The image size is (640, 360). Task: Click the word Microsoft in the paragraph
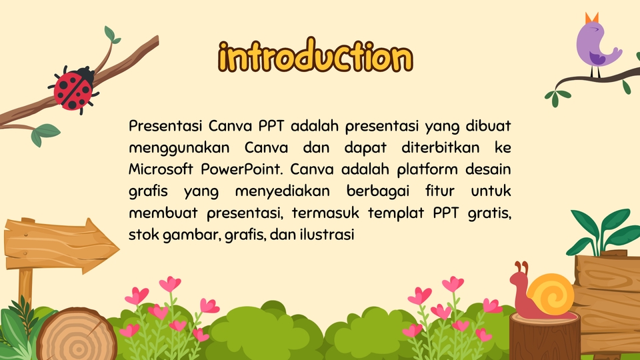click(161, 169)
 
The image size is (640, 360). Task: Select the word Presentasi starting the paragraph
click(165, 126)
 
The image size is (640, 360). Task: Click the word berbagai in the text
click(378, 191)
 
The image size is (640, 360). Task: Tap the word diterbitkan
click(441, 147)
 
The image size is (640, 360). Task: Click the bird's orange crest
click(592, 18)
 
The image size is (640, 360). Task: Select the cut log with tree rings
click(77, 335)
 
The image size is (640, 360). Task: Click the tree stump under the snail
click(545, 335)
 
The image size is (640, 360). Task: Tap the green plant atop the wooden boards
click(604, 232)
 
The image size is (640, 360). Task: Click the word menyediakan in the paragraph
click(283, 191)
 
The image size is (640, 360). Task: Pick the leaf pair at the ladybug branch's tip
click(111, 35)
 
